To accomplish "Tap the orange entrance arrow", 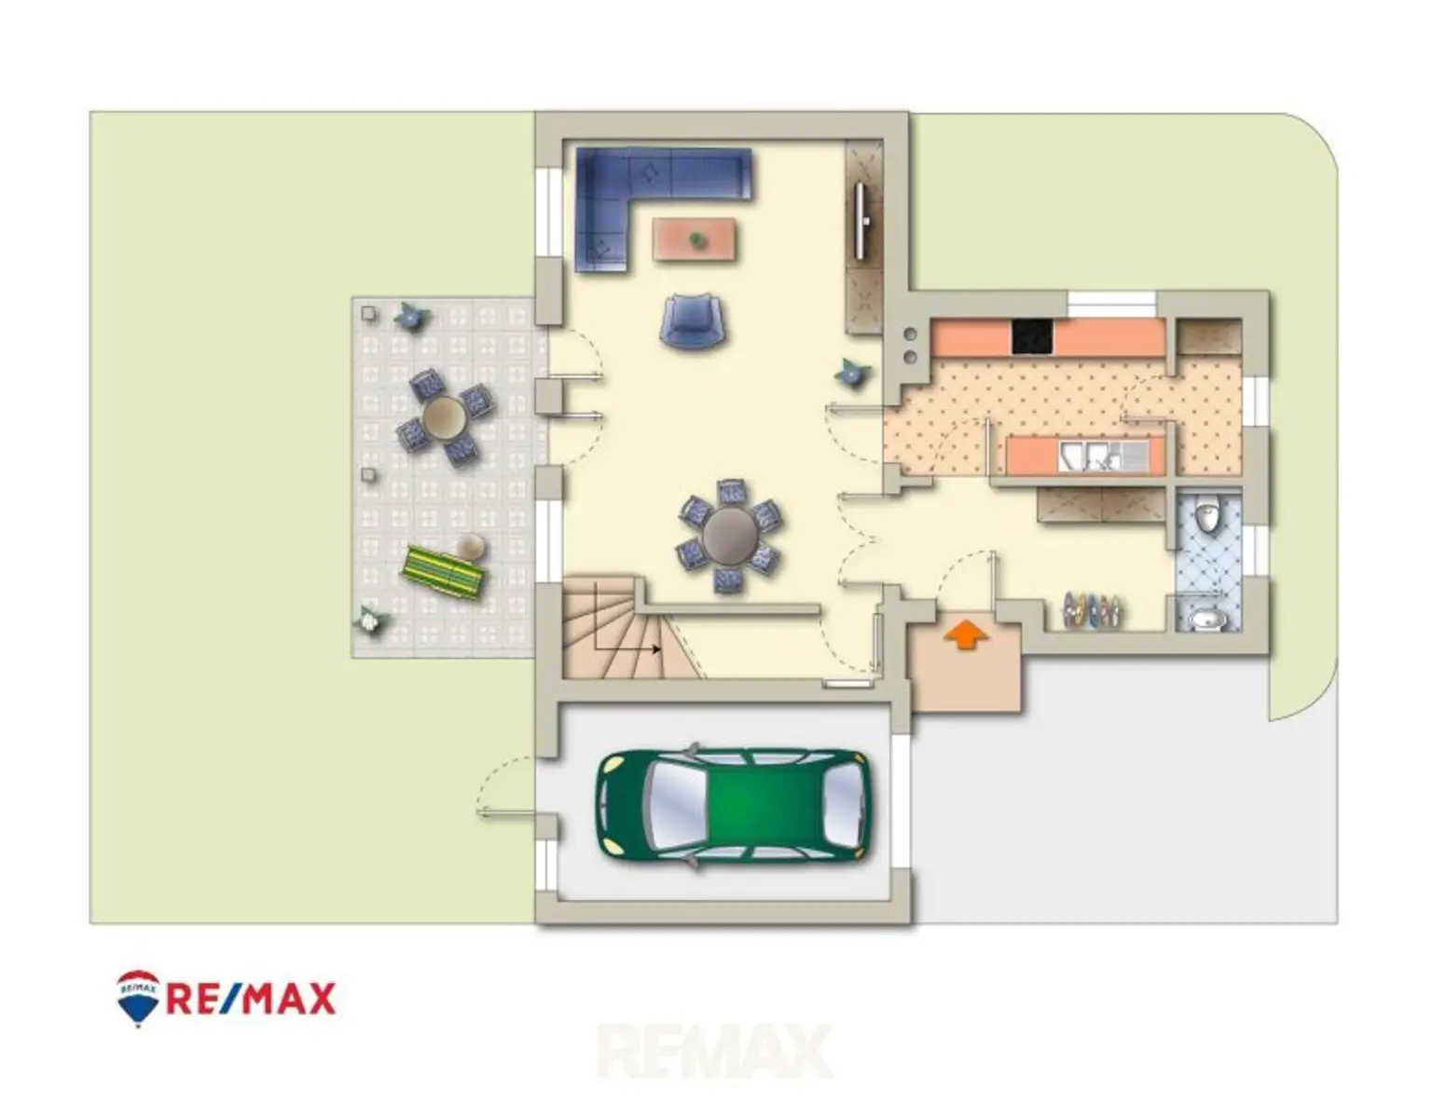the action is [x=966, y=634].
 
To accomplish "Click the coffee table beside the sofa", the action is [x=695, y=239].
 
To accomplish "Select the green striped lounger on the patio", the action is [x=444, y=571].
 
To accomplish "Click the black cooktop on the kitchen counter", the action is [x=1033, y=337].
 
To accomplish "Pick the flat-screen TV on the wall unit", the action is [x=861, y=221].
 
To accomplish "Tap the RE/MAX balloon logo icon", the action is [x=137, y=998].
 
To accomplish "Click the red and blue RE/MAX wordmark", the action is [x=251, y=999].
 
